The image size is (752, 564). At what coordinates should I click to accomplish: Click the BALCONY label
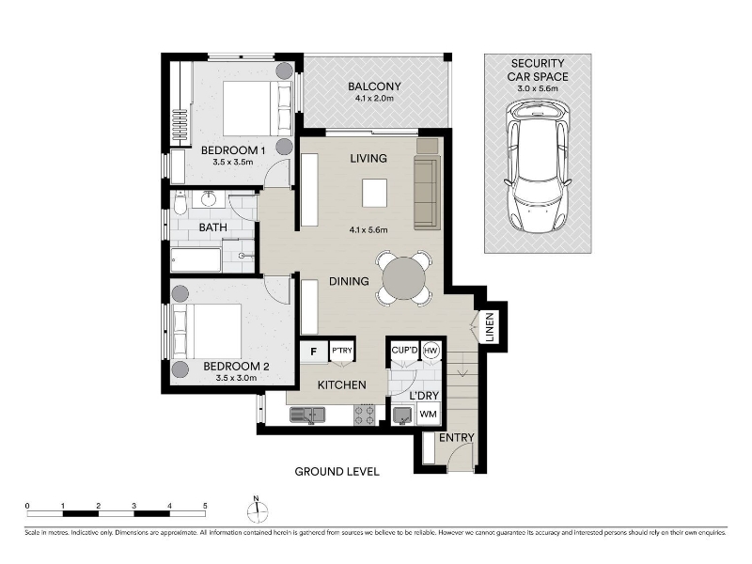(x=374, y=86)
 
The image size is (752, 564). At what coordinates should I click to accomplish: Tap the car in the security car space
(x=538, y=168)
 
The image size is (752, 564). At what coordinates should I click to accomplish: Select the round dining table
(x=404, y=278)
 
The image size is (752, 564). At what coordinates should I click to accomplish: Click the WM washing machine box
(x=429, y=414)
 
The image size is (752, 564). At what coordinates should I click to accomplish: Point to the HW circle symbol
(x=431, y=351)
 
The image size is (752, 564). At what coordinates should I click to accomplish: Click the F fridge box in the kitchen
(x=314, y=352)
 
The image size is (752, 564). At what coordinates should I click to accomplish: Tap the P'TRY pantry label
(x=342, y=351)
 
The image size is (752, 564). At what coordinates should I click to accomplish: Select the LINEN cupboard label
(x=490, y=327)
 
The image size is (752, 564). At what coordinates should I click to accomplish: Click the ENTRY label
(x=457, y=437)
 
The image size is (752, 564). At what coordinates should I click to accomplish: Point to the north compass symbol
(x=257, y=509)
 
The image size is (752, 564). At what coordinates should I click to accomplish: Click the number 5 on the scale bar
(x=205, y=506)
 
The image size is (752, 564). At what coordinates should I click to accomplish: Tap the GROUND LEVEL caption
(x=337, y=472)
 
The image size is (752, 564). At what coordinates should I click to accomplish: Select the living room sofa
(x=427, y=193)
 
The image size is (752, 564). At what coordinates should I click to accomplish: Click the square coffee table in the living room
(x=374, y=193)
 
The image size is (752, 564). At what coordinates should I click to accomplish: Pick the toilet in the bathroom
(x=180, y=203)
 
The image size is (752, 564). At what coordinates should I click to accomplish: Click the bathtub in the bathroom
(x=196, y=259)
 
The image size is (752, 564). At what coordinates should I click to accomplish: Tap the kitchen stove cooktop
(x=364, y=415)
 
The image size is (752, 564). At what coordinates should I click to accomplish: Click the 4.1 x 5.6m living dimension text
(x=368, y=229)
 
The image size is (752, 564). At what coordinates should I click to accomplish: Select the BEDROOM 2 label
(x=236, y=367)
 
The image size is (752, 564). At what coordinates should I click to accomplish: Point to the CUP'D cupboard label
(x=405, y=350)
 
